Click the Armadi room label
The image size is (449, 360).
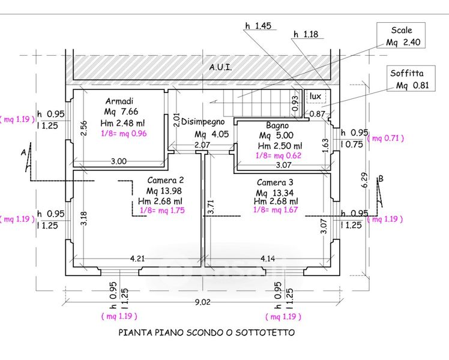click(x=119, y=101)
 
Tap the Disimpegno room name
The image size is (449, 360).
click(x=203, y=122)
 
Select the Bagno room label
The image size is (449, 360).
click(x=277, y=125)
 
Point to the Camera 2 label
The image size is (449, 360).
click(x=166, y=180)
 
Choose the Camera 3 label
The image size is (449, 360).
click(x=275, y=182)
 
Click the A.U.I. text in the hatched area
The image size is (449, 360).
click(x=220, y=67)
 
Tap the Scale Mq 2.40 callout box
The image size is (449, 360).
click(x=401, y=35)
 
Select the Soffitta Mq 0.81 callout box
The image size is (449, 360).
click(x=411, y=79)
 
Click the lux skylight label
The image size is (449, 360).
click(x=315, y=96)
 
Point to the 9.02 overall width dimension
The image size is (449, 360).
click(x=203, y=302)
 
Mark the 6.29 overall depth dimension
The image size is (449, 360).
click(x=364, y=180)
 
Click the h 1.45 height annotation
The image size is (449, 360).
click(x=258, y=26)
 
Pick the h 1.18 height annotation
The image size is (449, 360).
click(x=306, y=34)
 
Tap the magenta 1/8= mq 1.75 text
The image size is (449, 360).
click(x=162, y=211)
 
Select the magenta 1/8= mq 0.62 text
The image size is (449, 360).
click(x=279, y=155)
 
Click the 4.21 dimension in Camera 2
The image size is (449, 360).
click(x=137, y=259)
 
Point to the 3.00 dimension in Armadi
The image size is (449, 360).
click(x=118, y=161)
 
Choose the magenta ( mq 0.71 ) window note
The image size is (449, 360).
click(x=385, y=138)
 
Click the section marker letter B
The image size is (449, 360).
click(x=381, y=179)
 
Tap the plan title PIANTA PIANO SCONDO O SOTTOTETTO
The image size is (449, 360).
click(x=206, y=332)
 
